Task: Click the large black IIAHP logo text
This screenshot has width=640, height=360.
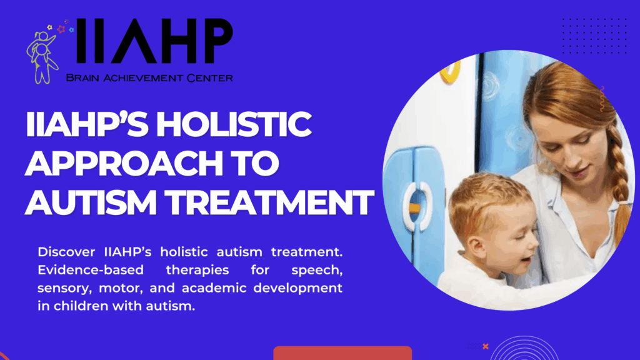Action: click(x=154, y=41)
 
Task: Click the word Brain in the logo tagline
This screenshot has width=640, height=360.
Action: click(x=82, y=77)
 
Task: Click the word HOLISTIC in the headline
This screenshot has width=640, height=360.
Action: click(x=234, y=124)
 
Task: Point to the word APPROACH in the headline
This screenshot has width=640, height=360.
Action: click(x=124, y=163)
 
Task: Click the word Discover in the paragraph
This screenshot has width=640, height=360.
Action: click(x=66, y=252)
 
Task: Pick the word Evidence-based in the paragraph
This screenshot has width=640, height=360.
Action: click(x=91, y=270)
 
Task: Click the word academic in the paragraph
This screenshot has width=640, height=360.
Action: click(x=214, y=287)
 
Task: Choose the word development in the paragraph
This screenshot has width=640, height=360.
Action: click(x=298, y=288)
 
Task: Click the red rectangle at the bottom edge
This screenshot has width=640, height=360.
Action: click(x=342, y=353)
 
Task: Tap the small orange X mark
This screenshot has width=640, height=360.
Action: click(x=485, y=346)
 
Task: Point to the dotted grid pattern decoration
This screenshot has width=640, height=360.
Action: click(x=594, y=36)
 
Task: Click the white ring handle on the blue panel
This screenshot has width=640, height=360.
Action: click(x=417, y=206)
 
